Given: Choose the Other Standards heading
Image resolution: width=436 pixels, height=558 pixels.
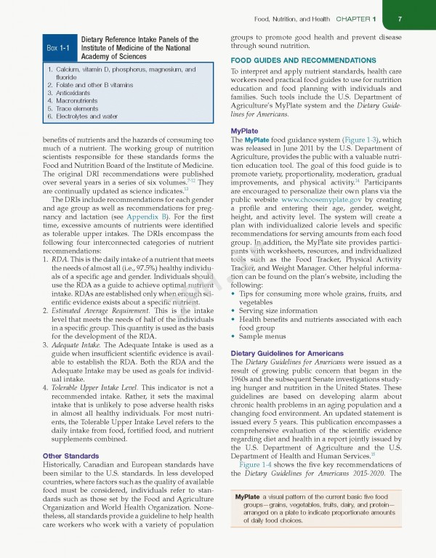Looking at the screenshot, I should (x=54, y=456).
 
